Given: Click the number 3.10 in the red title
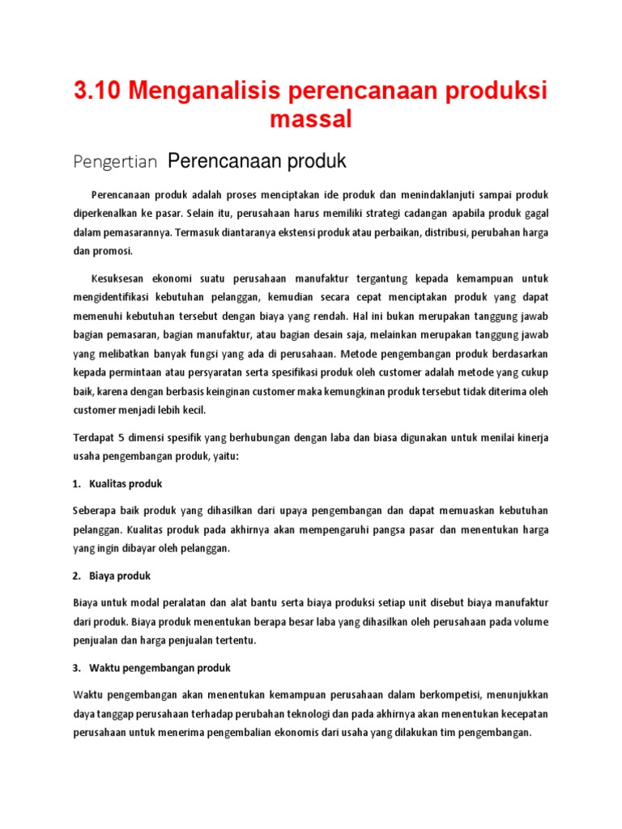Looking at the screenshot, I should click(96, 91).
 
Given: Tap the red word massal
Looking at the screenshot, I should click(311, 120).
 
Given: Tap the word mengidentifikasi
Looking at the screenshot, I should click(120, 297).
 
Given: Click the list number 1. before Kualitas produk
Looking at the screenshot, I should click(76, 483).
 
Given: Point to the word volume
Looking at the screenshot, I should click(529, 622).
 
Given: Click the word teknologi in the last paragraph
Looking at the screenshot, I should click(306, 714).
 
